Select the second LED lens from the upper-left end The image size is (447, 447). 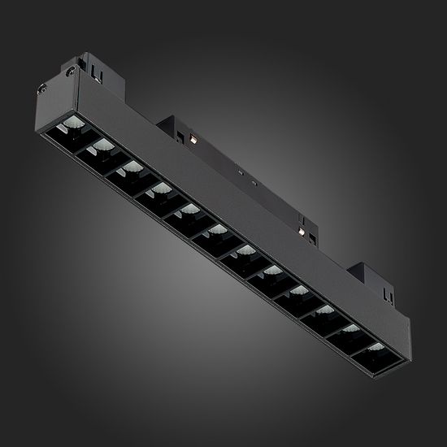102,145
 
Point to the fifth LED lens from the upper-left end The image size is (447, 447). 189,211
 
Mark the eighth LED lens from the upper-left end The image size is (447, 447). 272,270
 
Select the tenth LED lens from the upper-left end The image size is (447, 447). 323,310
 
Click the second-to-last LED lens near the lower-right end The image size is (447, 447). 349,328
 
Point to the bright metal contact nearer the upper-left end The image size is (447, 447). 197,139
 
